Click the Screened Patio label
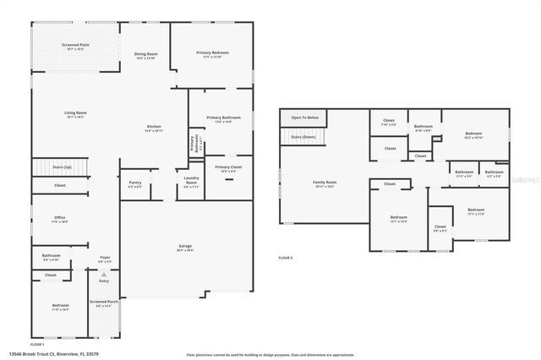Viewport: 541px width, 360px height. [x=74, y=46]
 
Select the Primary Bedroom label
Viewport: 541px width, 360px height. [x=212, y=54]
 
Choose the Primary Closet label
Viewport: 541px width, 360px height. [x=227, y=168]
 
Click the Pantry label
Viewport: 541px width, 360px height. [x=134, y=183]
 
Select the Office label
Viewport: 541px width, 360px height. [x=60, y=219]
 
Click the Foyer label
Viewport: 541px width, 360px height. [x=105, y=259]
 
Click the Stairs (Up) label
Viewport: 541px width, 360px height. [x=63, y=167]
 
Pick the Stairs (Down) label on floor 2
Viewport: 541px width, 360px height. [x=303, y=137]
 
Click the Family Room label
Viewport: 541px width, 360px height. [x=325, y=183]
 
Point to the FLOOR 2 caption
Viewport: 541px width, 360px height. [x=285, y=257]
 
